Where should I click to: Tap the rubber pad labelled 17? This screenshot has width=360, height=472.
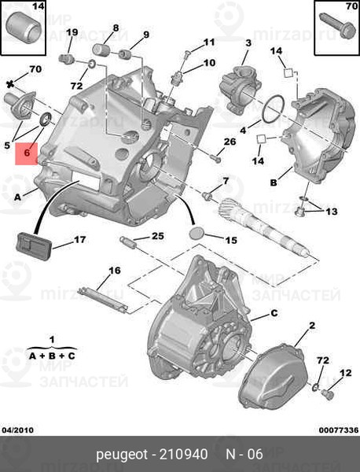(x=31, y=244)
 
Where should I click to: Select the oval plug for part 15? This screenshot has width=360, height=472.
(x=198, y=234)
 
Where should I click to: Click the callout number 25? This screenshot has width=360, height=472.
(x=158, y=236)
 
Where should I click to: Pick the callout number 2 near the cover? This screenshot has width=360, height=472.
(x=311, y=325)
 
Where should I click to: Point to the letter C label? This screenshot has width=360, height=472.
(x=274, y=313)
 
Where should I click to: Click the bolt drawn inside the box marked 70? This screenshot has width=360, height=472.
(x=335, y=36)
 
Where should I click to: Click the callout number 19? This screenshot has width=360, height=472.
(x=72, y=32)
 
